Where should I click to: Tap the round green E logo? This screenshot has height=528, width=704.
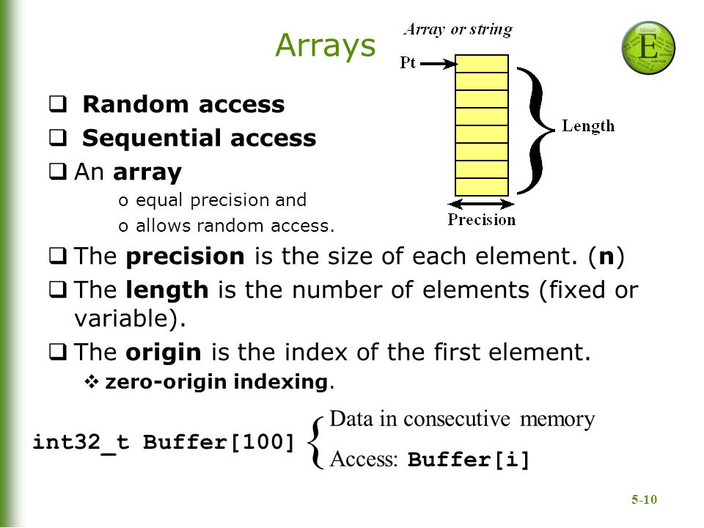pos(648,48)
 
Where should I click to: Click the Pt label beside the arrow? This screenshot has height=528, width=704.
pos(408,62)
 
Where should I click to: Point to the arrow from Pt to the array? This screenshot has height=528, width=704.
pos(439,64)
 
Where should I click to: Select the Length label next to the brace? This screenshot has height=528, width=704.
pos(588,125)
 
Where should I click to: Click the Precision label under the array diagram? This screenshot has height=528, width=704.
pos(481,219)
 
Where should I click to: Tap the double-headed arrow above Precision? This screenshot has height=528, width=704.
pos(481,205)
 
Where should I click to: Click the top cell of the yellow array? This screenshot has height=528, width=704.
pos(482,64)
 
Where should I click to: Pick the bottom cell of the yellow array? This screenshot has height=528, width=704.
pos(482,187)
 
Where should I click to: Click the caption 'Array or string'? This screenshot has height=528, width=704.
pos(458,29)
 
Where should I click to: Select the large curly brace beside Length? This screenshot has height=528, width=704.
pos(535,131)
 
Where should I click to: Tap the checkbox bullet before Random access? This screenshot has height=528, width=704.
pos(58,103)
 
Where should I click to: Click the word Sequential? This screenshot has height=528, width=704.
pos(152,138)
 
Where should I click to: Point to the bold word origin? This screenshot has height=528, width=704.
pos(164,353)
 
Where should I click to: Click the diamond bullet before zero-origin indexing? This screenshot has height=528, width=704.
pos(92,382)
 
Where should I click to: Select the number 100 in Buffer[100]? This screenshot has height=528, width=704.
pos(263,441)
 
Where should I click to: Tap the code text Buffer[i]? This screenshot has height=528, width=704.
pos(469,460)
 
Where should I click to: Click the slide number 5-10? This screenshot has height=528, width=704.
pos(644,499)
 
